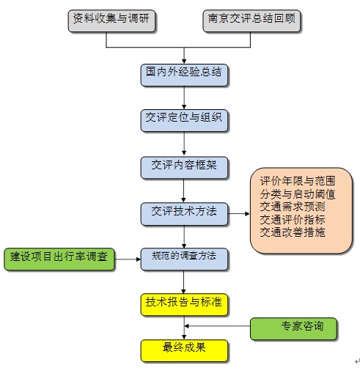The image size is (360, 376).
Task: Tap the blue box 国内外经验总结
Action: pyautogui.click(x=184, y=73)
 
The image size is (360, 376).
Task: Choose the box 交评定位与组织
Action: pyautogui.click(x=184, y=118)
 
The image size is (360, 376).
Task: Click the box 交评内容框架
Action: pyautogui.click(x=184, y=166)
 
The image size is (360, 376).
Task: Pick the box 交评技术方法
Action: pyautogui.click(x=184, y=212)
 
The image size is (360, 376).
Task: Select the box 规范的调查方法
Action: pyautogui.click(x=184, y=257)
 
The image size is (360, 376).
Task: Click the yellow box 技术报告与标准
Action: pyautogui.click(x=184, y=302)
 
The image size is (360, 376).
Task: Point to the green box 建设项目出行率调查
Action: pyautogui.click(x=59, y=258)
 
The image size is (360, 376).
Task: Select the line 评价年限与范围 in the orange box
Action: pyautogui.click(x=298, y=181)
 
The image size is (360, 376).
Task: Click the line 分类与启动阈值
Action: pyautogui.click(x=298, y=194)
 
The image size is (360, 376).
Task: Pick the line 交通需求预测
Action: pyautogui.click(x=293, y=207)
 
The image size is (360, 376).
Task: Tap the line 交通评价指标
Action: pyautogui.click(x=293, y=219)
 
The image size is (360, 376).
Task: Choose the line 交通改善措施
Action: pyautogui.click(x=293, y=232)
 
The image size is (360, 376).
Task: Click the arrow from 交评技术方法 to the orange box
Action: pyautogui.click(x=238, y=213)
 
